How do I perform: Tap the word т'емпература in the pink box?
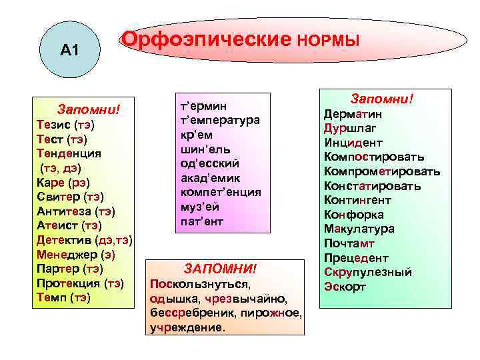pos(220,120)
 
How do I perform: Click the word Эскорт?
pos(345,287)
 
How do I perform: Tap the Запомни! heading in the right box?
pos(383,99)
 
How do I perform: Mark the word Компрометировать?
pos(382,172)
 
